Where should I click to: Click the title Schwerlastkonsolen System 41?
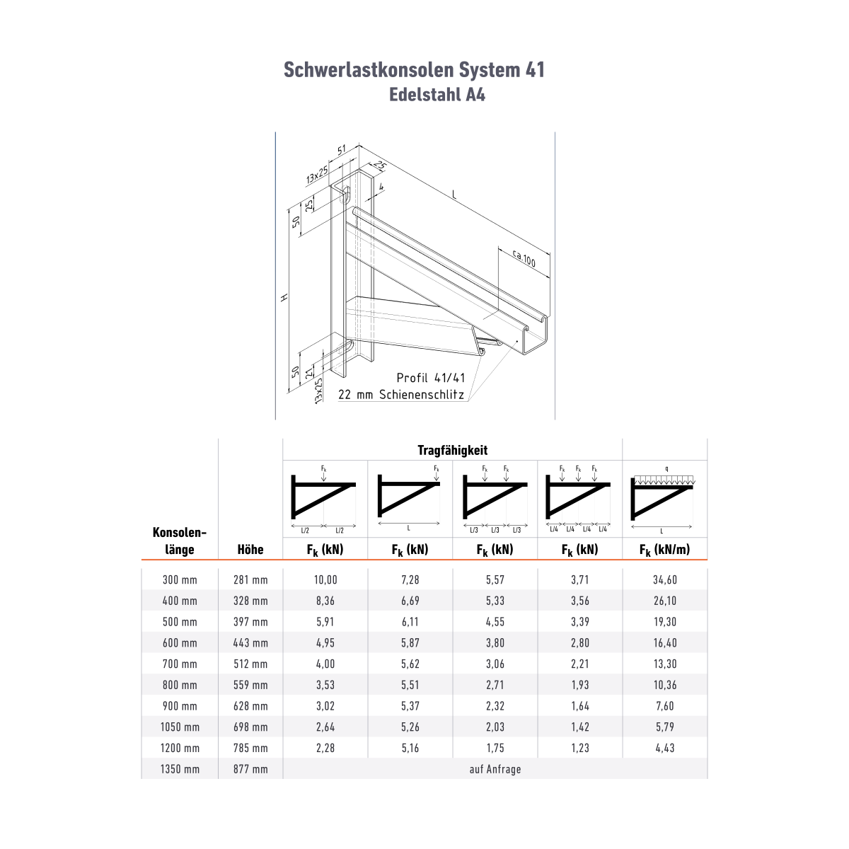pos(414,70)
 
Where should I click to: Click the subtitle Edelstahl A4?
pos(437,95)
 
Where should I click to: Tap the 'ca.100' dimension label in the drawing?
pos(524,259)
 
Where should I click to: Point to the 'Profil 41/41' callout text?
pos(430,378)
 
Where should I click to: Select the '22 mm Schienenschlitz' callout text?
pos(401,394)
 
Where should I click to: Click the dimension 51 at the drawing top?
pos(342,150)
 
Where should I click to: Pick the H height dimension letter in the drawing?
pos(284,297)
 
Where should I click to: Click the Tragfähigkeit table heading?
pos(452,450)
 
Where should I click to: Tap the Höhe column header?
pos(250,550)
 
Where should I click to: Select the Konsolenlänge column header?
pos(179,541)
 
